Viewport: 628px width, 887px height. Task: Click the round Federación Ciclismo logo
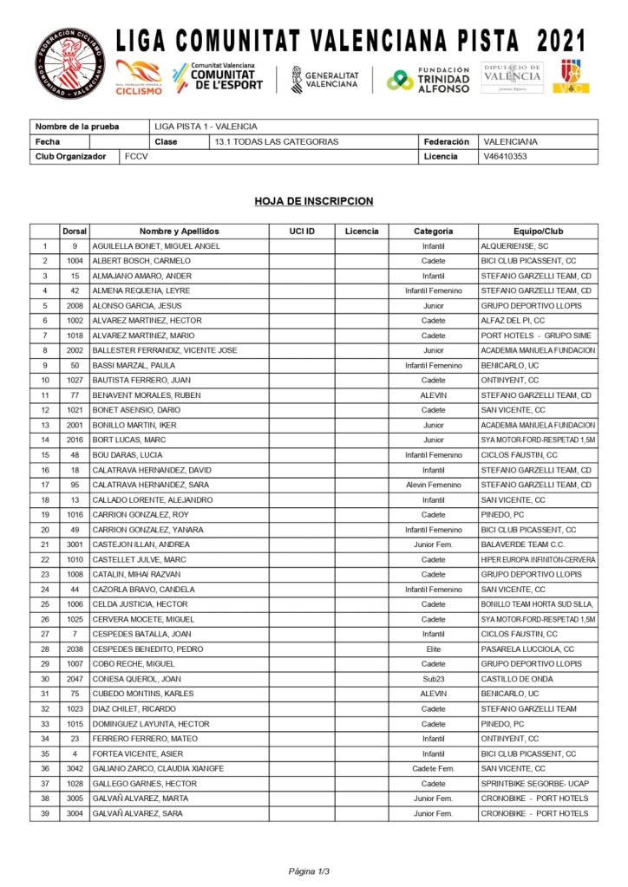(x=69, y=63)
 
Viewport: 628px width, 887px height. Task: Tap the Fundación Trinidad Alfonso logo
(x=428, y=79)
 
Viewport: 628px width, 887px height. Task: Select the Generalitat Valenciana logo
(x=325, y=79)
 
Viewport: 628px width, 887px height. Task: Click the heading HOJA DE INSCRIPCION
(x=314, y=201)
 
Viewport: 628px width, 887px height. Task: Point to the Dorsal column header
(x=75, y=232)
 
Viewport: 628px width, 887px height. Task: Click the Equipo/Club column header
(x=538, y=232)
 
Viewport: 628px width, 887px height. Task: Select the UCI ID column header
(x=302, y=232)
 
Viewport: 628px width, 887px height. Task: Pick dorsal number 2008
(x=75, y=305)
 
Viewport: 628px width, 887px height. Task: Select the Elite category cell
(x=434, y=649)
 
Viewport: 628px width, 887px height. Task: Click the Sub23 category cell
(x=434, y=679)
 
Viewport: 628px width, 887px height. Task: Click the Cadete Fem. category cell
(x=434, y=768)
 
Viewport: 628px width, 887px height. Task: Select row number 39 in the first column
(x=44, y=813)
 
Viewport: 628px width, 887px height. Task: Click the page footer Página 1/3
(x=310, y=871)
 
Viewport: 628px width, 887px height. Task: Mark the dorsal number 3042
(x=75, y=768)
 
